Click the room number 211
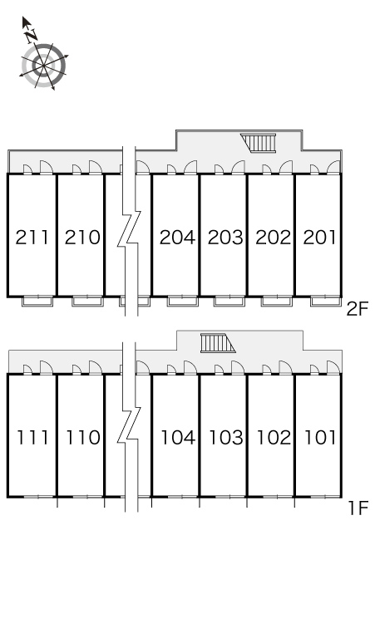(x=32, y=238)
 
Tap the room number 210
(x=82, y=238)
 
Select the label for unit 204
(x=177, y=238)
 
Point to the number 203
(x=225, y=238)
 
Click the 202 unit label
(x=273, y=238)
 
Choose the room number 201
(x=319, y=238)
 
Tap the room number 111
(x=32, y=438)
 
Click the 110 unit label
(x=83, y=438)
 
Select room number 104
(x=178, y=438)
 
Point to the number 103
(x=226, y=438)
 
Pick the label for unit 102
(x=274, y=438)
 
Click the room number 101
(x=320, y=438)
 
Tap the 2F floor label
(x=358, y=308)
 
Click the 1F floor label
(x=358, y=508)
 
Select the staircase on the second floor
(x=259, y=143)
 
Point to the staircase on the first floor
(x=218, y=343)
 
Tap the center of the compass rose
(x=43, y=66)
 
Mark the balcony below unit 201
(x=326, y=301)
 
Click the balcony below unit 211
(x=37, y=301)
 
